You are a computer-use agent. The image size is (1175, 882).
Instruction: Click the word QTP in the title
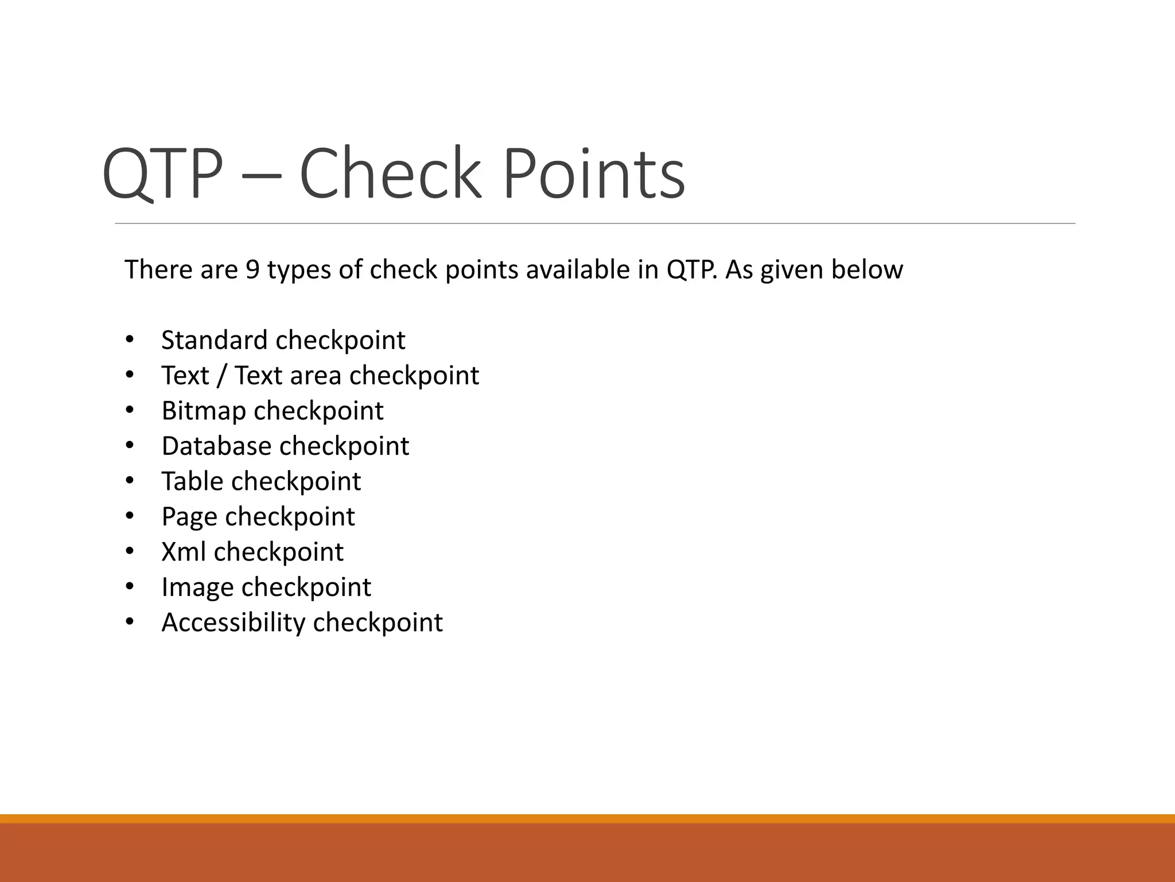pyautogui.click(x=162, y=173)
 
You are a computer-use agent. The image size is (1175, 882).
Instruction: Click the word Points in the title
pyautogui.click(x=594, y=173)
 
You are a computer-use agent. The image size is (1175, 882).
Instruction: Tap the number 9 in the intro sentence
pyautogui.click(x=252, y=269)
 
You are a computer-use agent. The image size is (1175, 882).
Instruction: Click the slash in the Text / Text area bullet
pyautogui.click(x=222, y=376)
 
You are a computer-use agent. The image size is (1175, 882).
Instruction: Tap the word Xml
pyautogui.click(x=183, y=552)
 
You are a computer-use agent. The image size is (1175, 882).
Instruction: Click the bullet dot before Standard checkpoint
pyautogui.click(x=129, y=340)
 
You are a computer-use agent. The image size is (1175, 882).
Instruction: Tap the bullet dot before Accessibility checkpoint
pyautogui.click(x=129, y=622)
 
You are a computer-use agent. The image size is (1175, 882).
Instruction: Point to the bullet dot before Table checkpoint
pyautogui.click(x=129, y=481)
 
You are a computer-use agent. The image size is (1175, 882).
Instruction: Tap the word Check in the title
pyautogui.click(x=390, y=173)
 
